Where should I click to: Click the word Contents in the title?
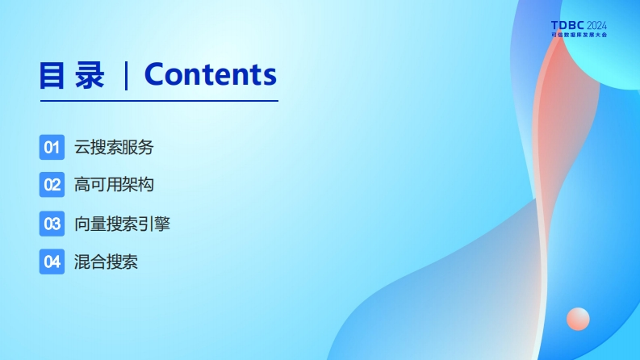211,74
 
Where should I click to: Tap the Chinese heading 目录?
72,75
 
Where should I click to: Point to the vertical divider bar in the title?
126,76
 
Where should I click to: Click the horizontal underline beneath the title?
159,100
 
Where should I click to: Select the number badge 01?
52,147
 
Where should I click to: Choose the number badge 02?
52,185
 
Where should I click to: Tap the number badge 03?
52,224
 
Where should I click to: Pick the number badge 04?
52,262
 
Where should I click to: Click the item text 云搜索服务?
114,148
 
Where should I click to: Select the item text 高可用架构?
114,185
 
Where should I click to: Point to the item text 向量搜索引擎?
122,224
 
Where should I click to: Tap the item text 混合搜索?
106,262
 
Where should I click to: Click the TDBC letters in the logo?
567,26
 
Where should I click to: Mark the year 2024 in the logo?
596,26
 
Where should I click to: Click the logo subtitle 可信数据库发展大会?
579,35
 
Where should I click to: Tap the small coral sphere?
578,319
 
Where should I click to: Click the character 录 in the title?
90,75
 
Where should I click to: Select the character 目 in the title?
52,75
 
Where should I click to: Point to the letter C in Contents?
156,74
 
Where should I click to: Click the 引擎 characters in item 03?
154,224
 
